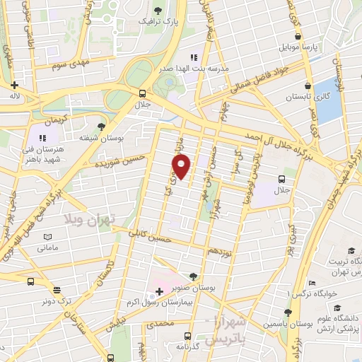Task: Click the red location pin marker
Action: click(x=182, y=167)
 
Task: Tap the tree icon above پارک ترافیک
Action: click(x=157, y=11)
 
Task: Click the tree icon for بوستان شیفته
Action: click(x=101, y=126)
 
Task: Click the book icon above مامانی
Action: click(x=47, y=237)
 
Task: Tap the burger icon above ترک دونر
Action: click(x=56, y=289)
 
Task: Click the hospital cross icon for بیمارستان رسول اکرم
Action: click(x=159, y=291)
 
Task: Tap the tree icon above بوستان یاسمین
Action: click(x=287, y=312)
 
